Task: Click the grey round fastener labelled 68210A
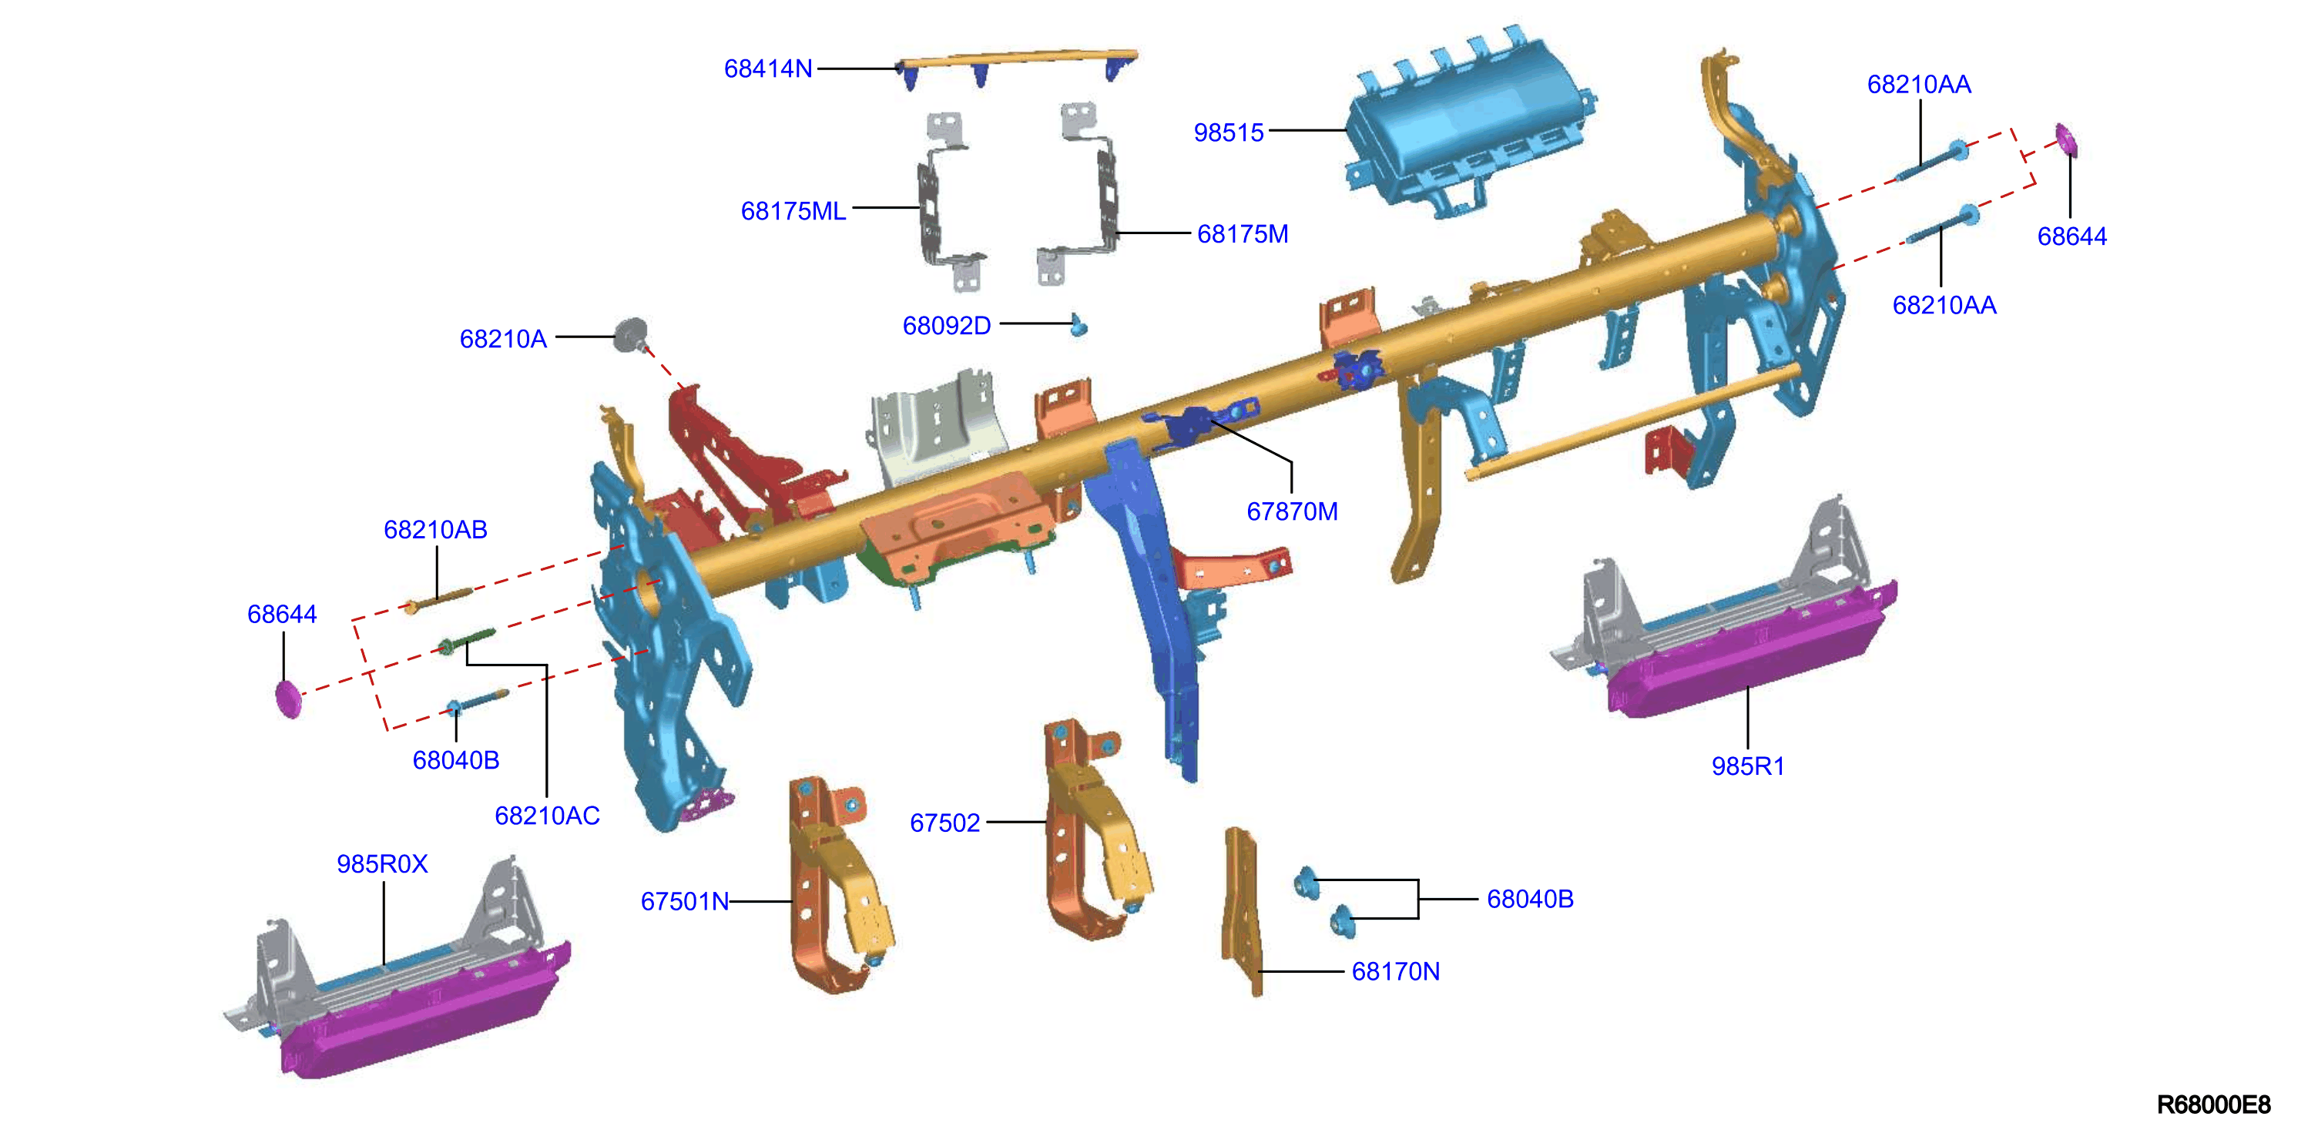[x=631, y=334]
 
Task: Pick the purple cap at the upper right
[x=2067, y=139]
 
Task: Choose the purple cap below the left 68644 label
[x=288, y=699]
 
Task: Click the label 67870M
[x=1291, y=511]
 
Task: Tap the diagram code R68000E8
[x=2214, y=1104]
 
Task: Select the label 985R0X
[x=381, y=864]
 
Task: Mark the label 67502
[x=944, y=823]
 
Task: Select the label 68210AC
[x=547, y=816]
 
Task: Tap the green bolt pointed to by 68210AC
[x=465, y=641]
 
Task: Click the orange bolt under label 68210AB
[x=438, y=599]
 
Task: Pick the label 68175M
[x=1243, y=234]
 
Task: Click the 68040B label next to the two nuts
[x=1530, y=899]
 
